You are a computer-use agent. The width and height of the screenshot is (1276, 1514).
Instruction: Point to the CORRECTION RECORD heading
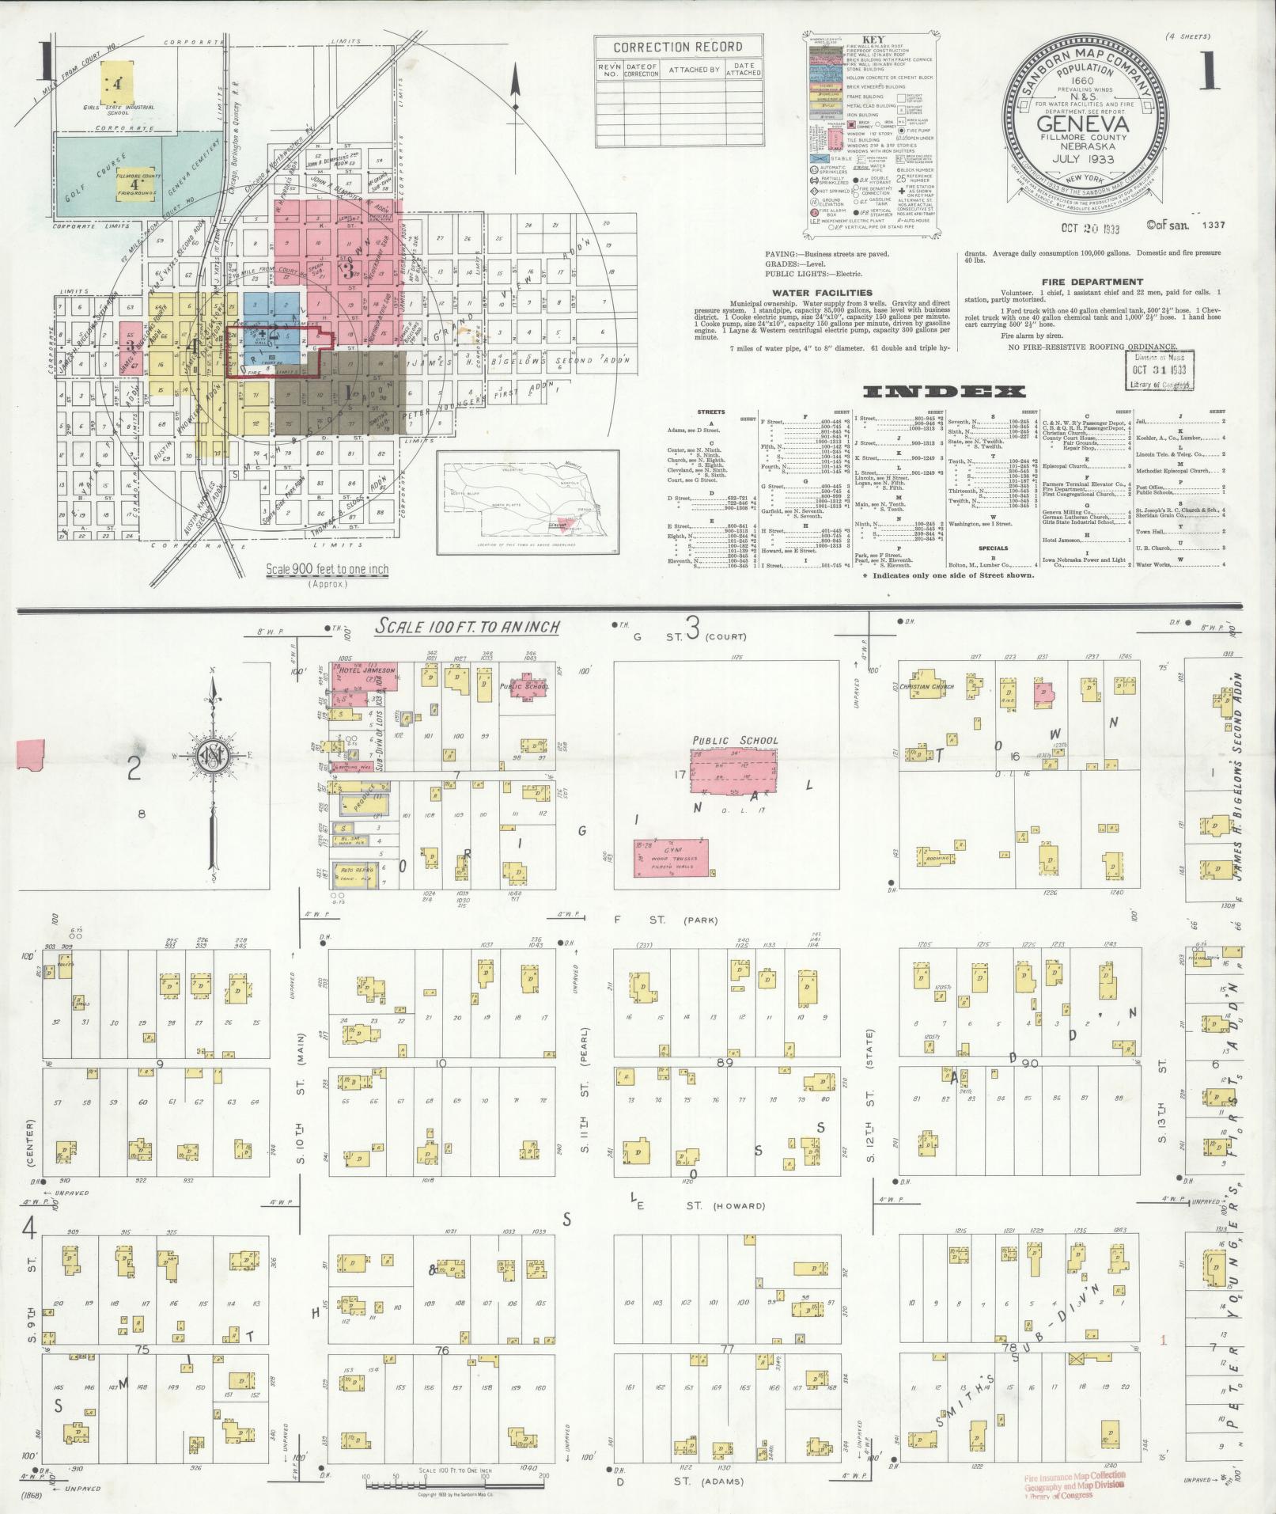tap(678, 47)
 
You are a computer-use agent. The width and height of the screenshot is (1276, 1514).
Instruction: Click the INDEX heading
tap(945, 392)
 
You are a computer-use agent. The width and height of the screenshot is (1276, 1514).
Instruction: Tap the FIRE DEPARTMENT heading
tap(1092, 281)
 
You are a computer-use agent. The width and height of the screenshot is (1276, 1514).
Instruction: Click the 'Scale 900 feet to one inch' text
tap(327, 569)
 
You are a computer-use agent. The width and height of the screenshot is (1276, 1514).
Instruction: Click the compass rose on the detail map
tap(212, 752)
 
